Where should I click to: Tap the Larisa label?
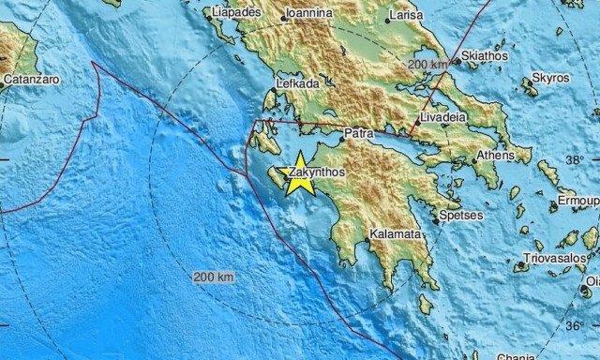coord(404,15)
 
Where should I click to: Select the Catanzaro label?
coord(31,80)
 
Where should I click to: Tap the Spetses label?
coord(461,216)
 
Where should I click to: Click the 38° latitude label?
coord(588,160)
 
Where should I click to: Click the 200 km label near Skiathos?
coord(429,64)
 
